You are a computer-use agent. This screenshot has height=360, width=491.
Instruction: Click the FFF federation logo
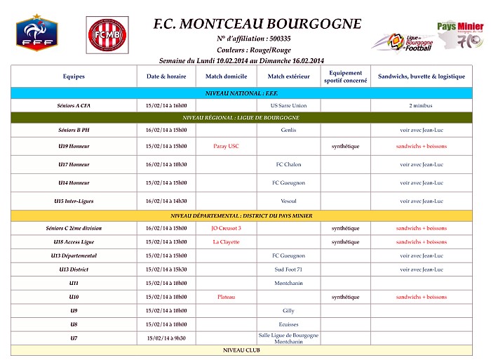click(x=36, y=34)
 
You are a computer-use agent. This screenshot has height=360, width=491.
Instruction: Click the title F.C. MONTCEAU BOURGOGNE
click(x=257, y=24)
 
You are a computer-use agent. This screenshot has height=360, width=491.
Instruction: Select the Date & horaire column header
click(x=166, y=76)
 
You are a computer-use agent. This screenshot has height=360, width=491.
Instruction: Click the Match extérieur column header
click(x=288, y=76)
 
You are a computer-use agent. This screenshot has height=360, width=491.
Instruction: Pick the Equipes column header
click(x=74, y=76)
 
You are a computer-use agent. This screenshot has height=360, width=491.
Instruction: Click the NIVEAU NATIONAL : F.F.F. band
click(x=242, y=93)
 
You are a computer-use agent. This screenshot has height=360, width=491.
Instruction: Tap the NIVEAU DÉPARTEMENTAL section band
click(x=242, y=215)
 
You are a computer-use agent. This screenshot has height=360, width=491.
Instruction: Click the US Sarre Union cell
click(x=288, y=105)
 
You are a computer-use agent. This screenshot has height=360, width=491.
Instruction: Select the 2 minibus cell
click(x=421, y=105)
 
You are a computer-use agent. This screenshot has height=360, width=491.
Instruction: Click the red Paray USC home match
click(x=226, y=146)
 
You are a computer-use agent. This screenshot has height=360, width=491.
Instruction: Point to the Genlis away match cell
click(x=288, y=130)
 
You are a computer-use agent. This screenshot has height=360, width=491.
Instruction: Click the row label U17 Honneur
click(x=74, y=164)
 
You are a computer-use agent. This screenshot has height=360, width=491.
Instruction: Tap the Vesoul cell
click(x=288, y=201)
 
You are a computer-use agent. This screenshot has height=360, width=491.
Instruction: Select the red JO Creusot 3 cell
click(x=226, y=228)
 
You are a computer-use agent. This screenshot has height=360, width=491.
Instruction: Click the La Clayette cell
click(x=226, y=242)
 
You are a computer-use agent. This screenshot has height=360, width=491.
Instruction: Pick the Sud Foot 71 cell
click(x=288, y=269)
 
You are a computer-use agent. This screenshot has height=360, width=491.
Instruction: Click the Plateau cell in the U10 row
click(x=226, y=297)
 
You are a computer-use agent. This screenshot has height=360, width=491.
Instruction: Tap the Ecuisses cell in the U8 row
click(x=288, y=324)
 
